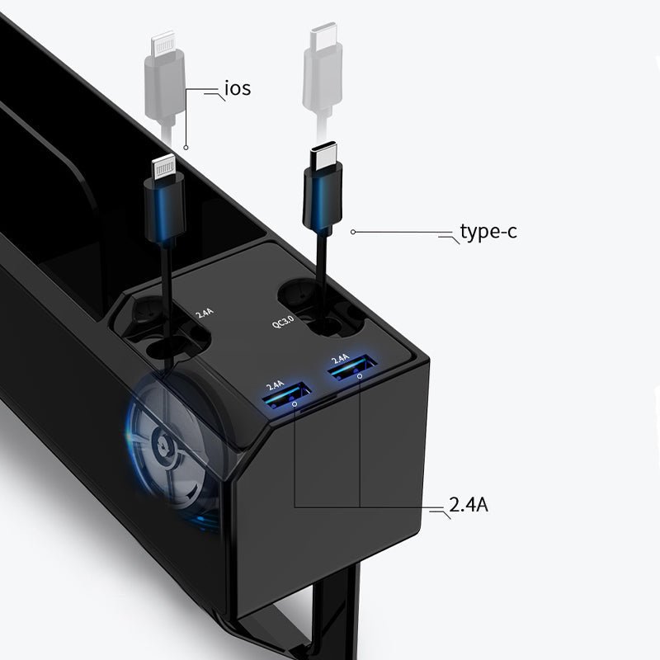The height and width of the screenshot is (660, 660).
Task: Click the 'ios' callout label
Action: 237,88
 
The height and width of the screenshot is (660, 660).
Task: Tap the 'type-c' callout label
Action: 488,232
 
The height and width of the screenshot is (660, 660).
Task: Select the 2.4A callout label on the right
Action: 468,504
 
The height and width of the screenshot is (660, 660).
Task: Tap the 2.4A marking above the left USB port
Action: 275,385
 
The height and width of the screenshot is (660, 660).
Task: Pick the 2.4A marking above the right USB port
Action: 339,359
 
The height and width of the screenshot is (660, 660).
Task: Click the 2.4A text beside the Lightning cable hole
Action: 205,313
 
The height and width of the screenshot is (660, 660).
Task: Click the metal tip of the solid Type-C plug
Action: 323,155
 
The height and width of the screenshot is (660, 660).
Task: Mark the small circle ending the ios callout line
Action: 186,148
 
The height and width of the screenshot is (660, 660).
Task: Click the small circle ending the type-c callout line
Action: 353,232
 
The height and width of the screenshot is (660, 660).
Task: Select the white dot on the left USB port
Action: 295,405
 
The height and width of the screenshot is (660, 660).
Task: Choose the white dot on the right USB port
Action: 360,376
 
